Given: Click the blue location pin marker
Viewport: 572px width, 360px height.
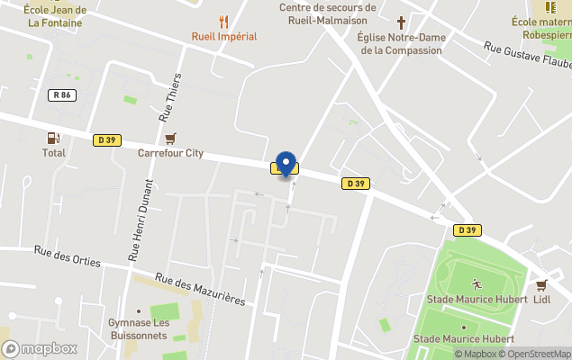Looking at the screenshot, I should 286,163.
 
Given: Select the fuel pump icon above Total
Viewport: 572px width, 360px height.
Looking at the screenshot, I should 53,138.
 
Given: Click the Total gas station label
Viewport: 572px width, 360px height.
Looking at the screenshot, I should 53,153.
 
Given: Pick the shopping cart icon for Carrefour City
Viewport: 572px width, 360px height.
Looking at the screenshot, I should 170,138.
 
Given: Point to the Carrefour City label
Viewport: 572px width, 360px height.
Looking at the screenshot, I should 170,153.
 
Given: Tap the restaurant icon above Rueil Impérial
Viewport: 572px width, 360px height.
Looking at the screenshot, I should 224,22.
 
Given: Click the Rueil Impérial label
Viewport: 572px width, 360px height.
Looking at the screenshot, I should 224,37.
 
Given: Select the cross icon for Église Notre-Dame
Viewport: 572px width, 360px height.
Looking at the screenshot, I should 401,22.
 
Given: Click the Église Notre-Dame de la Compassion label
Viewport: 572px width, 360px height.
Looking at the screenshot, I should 401,43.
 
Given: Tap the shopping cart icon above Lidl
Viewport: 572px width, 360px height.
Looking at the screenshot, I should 542,284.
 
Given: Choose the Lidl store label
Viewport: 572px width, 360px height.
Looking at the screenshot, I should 542,300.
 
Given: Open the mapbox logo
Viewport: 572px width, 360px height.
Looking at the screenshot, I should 40,348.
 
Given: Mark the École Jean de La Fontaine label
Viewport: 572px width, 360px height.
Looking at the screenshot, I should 55,15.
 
